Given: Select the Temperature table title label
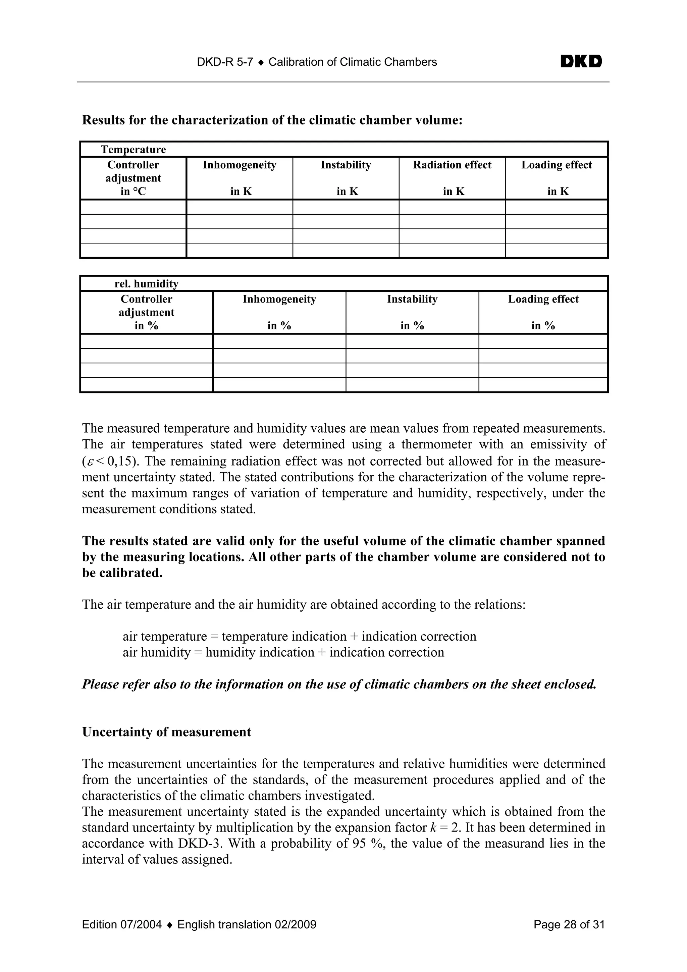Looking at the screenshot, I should coord(133,150).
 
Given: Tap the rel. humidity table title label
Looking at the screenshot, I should coord(147,284).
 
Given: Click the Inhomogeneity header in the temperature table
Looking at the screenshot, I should coord(239,165).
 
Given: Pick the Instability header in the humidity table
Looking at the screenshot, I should coord(412,299).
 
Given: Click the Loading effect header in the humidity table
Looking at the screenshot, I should coord(543,299).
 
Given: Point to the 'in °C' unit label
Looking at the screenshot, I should coord(133,192).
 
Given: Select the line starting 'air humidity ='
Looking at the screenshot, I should coord(283,652).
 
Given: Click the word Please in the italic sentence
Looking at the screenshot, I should coord(100,685).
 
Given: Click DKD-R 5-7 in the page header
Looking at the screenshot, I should coord(225,62).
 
